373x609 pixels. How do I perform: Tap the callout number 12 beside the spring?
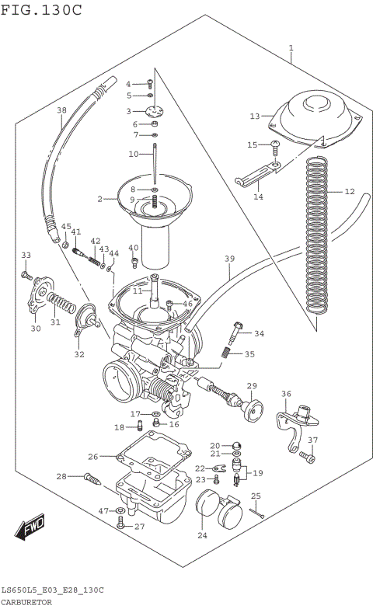tap(349, 191)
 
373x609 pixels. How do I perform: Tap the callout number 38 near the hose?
tap(62, 110)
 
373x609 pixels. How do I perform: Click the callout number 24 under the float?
tap(203, 535)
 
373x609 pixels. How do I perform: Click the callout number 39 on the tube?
tap(229, 258)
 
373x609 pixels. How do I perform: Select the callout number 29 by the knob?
tap(251, 386)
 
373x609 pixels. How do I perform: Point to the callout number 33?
tap(26, 255)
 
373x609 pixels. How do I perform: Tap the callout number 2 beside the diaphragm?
tap(100, 200)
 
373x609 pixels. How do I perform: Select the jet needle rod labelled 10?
tap(155, 167)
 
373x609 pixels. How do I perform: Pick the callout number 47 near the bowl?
tap(103, 510)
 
